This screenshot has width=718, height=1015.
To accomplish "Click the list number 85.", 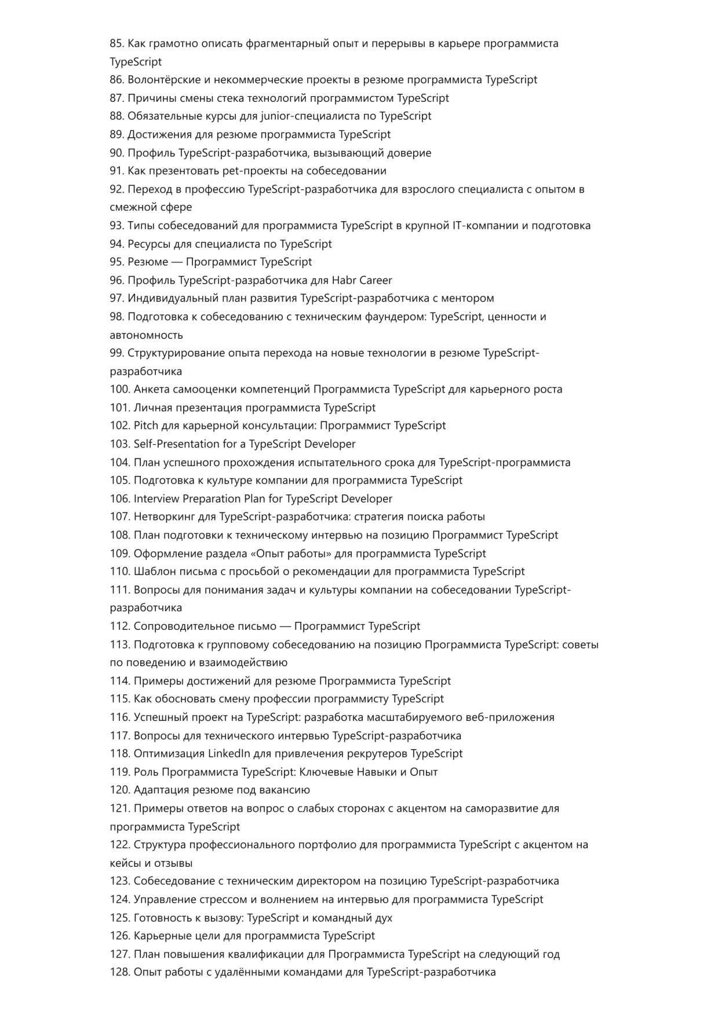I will (x=116, y=43).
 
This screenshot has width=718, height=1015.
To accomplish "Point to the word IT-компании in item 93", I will (x=486, y=225).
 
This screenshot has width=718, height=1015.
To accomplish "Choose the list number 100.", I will (x=119, y=389).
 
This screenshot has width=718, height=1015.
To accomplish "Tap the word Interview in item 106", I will (x=156, y=499).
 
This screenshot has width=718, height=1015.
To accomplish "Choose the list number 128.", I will (x=119, y=972).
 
